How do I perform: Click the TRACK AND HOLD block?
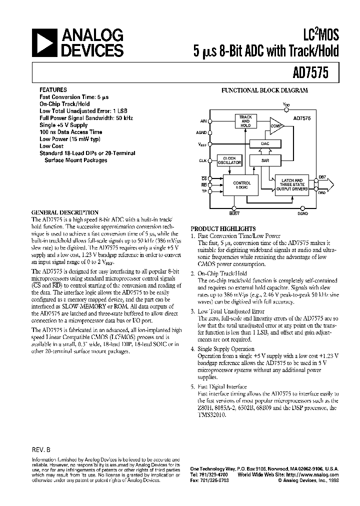[245, 121]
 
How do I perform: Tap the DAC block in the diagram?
[265, 143]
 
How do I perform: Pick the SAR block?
[265, 160]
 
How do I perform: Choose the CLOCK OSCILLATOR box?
[229, 160]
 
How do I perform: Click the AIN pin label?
[203, 121]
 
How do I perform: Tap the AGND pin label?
[201, 132]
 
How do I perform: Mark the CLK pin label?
[202, 160]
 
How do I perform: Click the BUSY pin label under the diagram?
[234, 213]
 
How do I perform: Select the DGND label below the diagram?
[302, 213]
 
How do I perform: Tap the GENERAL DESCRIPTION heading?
[65, 212]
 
